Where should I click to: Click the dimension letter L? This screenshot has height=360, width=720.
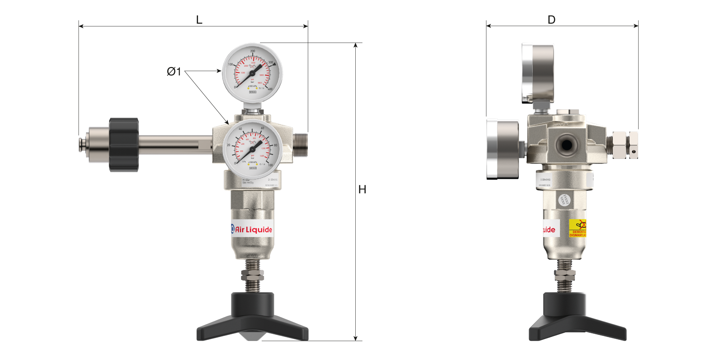[199, 20]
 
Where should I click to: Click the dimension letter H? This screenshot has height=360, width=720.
[362, 189]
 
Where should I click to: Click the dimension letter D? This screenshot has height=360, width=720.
[551, 20]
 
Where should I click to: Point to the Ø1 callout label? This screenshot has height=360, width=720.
[174, 71]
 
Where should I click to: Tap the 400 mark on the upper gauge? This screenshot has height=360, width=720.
[270, 89]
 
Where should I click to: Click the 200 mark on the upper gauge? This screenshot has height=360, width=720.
[253, 51]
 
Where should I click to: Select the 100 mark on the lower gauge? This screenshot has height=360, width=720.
[270, 165]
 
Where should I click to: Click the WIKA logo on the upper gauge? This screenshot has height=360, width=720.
[253, 92]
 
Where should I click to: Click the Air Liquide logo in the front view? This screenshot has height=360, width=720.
[252, 229]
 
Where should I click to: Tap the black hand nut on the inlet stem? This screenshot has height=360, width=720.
[124, 145]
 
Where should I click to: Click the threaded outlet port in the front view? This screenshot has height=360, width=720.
[300, 145]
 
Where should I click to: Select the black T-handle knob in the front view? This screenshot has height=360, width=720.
[252, 317]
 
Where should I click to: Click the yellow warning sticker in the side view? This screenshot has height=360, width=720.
[577, 228]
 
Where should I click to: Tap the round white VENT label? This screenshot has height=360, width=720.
[564, 200]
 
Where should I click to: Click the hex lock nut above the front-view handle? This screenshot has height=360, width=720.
[252, 275]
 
